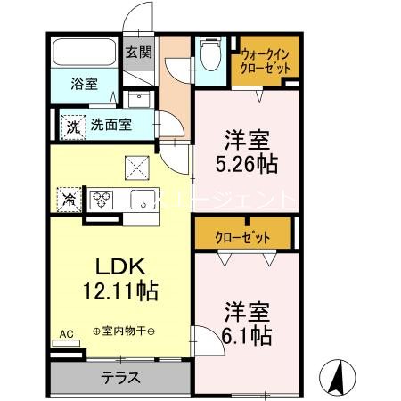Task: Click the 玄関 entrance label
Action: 138,52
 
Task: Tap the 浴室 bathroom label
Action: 86,86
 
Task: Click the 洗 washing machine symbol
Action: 72,126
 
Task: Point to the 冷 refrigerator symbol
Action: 67,199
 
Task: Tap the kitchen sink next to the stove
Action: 143,199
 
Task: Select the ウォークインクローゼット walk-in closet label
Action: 264,60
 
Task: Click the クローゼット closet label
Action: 241,237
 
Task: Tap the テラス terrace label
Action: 119,377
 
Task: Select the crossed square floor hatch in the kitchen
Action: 137,165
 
